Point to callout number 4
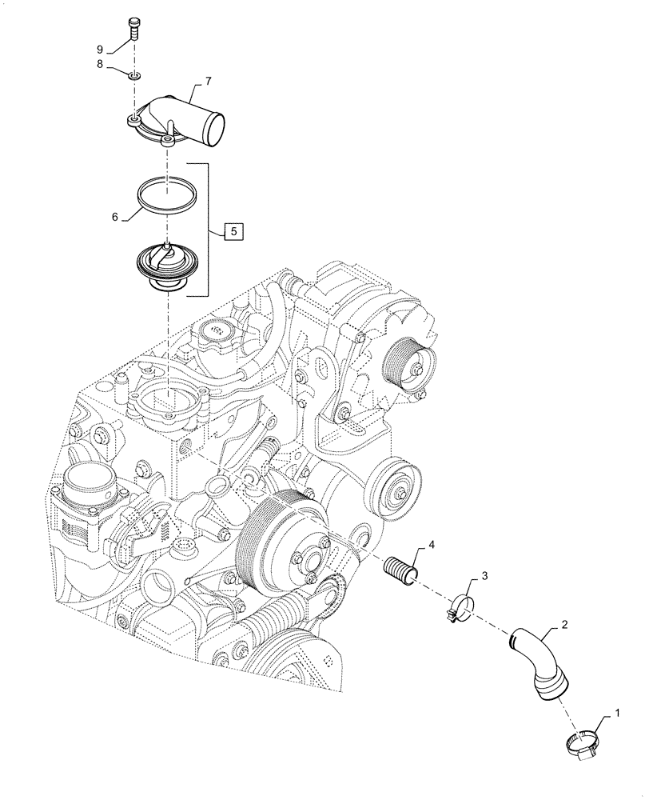point(431,545)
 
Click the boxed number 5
point(233,232)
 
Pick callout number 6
point(115,217)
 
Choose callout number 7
point(208,81)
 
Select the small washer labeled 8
point(134,74)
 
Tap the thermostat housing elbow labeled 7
point(184,120)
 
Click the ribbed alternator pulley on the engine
point(406,362)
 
